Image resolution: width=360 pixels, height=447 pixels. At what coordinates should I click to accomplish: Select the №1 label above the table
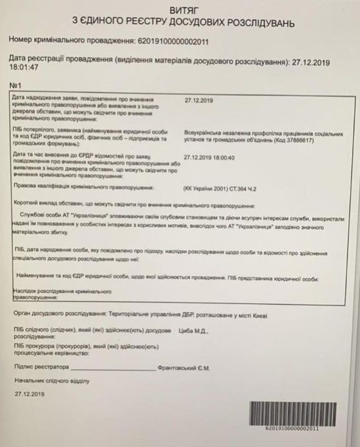(x=16, y=84)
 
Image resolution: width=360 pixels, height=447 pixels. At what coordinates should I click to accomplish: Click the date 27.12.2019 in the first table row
(x=199, y=100)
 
